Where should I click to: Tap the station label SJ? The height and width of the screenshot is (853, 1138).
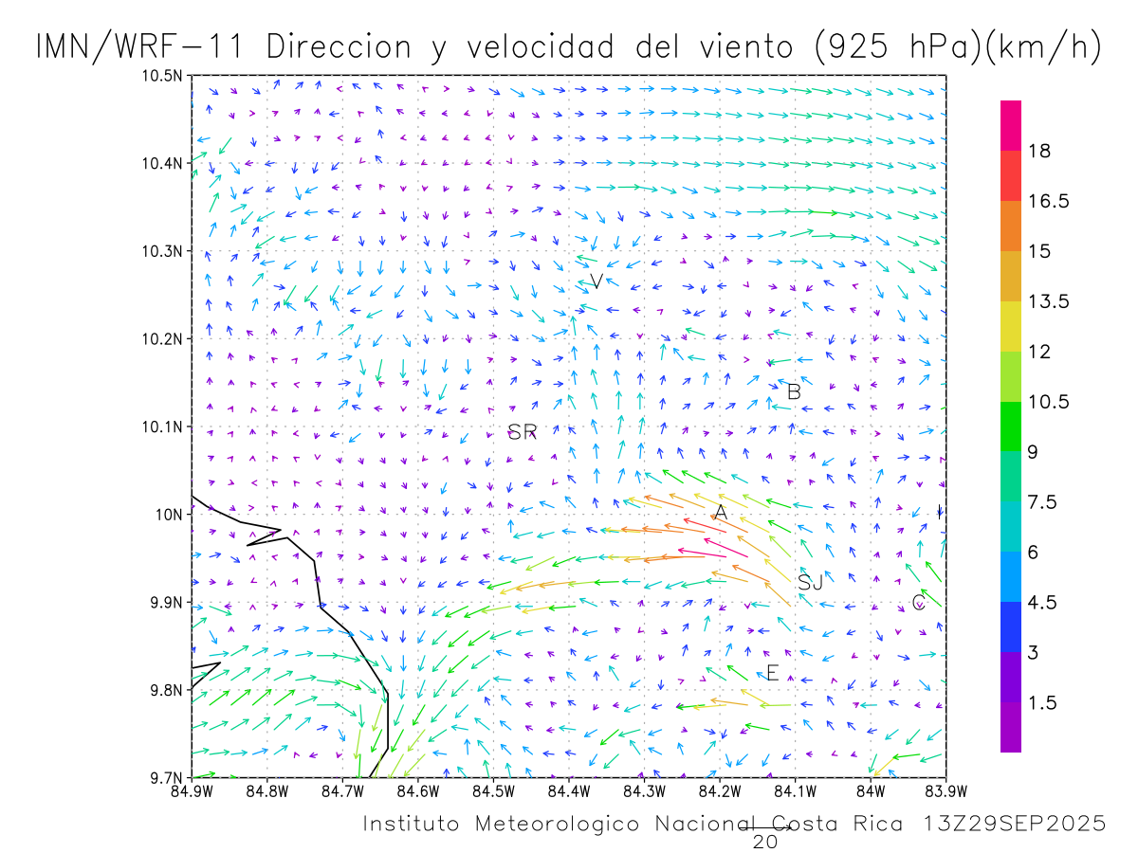pos(810,583)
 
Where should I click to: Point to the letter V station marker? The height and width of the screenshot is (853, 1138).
pos(596,281)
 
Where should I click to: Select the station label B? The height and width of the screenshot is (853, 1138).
pos(794,391)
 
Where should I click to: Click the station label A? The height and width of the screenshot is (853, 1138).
pos(721,513)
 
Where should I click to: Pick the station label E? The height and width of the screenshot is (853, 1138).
pos(772,674)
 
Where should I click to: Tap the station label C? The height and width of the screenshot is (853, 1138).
pos(918,603)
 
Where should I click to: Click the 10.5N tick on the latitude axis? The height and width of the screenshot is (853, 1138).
pos(163,76)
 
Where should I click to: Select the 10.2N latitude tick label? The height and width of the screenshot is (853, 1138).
pos(163,339)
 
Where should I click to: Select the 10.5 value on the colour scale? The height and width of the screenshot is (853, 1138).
pos(1050,402)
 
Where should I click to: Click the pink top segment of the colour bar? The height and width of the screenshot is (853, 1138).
pos(1011,125)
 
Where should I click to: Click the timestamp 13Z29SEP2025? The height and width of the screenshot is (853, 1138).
pos(1013,825)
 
